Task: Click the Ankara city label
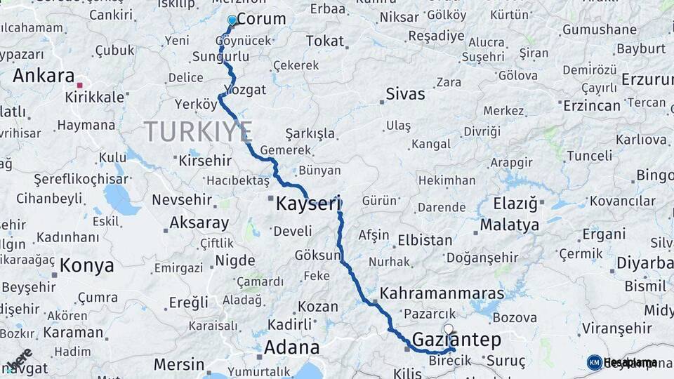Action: [x=44, y=75]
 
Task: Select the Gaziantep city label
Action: [x=456, y=340]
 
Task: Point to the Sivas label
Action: [x=406, y=93]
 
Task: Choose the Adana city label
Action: [x=291, y=347]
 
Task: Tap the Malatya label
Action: [x=510, y=225]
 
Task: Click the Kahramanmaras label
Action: [x=442, y=293]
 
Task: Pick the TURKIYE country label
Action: [x=198, y=132]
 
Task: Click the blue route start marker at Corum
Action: [x=232, y=20]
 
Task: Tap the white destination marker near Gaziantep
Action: [x=449, y=328]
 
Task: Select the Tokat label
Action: [x=324, y=41]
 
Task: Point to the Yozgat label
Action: [x=244, y=90]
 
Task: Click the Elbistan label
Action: [x=425, y=240]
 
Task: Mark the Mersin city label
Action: [x=178, y=364]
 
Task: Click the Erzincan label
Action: [x=592, y=105]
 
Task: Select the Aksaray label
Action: [x=199, y=223]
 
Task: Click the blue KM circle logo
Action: [x=594, y=362]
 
